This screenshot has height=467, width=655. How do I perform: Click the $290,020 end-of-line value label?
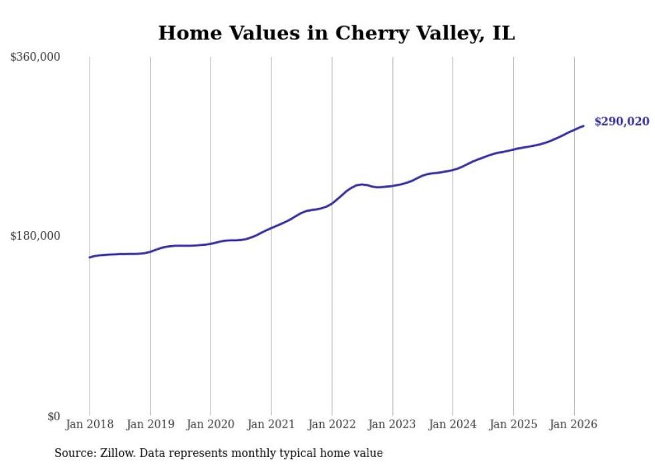click(x=622, y=122)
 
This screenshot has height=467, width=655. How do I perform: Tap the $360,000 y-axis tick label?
click(x=35, y=57)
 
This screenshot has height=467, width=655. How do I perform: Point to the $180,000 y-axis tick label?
click(x=35, y=236)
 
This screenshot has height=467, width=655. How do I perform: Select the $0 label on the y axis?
click(x=53, y=416)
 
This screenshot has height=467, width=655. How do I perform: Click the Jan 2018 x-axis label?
click(x=90, y=424)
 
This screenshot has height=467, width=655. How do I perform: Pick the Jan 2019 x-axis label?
click(x=150, y=424)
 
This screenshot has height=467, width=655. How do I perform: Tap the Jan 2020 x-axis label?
click(x=211, y=424)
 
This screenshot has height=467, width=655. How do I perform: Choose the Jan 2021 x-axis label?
click(x=271, y=424)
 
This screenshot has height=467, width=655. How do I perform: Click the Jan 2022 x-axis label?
click(x=332, y=424)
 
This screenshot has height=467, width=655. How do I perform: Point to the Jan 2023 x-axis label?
click(x=392, y=424)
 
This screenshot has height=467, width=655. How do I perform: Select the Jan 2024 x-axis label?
click(x=452, y=424)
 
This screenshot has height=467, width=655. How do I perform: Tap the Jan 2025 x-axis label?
click(x=513, y=424)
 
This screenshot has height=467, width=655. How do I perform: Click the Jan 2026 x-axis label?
click(x=573, y=424)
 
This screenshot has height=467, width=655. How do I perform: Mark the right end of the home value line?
click(x=583, y=126)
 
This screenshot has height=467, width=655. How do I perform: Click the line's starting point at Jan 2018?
click(x=90, y=257)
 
